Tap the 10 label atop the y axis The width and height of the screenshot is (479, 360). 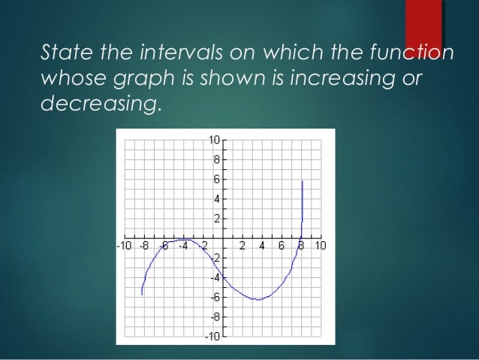tap(213, 140)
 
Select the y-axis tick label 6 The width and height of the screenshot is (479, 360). tap(216, 180)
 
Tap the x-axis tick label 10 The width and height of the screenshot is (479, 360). tap(321, 246)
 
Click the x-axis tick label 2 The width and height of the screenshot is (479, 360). tap(243, 246)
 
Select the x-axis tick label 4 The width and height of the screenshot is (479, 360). tap(262, 246)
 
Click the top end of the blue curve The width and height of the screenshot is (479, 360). tap(302, 181)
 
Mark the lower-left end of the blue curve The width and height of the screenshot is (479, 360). tap(142, 295)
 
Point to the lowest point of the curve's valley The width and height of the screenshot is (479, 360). tap(258, 300)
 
